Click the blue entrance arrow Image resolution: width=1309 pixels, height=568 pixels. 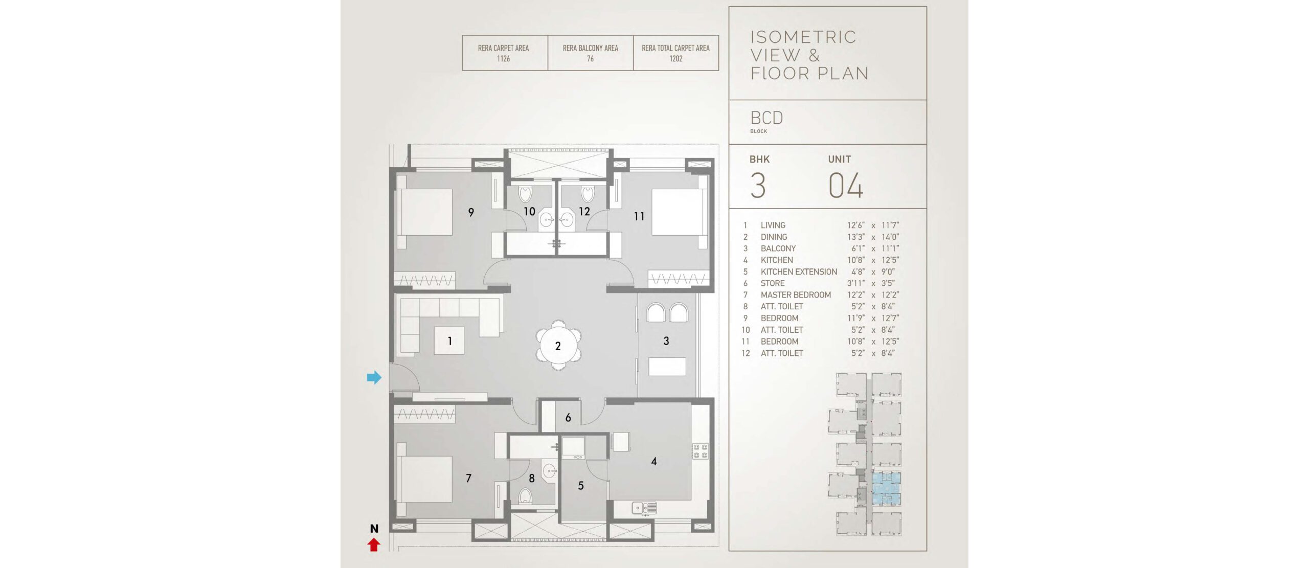click(374, 377)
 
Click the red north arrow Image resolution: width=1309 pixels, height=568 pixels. click(374, 545)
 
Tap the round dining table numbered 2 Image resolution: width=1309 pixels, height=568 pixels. click(558, 346)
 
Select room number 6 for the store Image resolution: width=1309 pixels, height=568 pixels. click(568, 418)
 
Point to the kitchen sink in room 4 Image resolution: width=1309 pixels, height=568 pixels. click(644, 508)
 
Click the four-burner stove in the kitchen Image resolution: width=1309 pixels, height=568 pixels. click(700, 451)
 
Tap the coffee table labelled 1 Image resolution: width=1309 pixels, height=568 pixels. click(449, 341)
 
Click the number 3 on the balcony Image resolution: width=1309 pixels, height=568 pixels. click(666, 341)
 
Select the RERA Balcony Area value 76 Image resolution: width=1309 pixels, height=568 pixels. click(591, 59)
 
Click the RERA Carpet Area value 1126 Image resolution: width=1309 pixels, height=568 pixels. click(504, 59)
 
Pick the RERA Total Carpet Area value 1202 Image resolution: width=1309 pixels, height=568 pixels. click(676, 59)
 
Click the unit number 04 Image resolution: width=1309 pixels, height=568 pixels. click(846, 185)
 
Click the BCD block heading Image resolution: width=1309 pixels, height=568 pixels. click(766, 118)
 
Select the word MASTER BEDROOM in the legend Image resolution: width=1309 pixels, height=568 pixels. click(796, 295)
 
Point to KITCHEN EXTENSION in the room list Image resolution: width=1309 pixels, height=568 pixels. click(799, 272)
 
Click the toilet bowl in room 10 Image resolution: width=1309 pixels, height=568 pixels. click(525, 194)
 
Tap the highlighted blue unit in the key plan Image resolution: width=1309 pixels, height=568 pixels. click(886, 489)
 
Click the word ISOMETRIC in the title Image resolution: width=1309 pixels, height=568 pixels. click(803, 37)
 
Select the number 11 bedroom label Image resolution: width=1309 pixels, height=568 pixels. click(639, 217)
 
